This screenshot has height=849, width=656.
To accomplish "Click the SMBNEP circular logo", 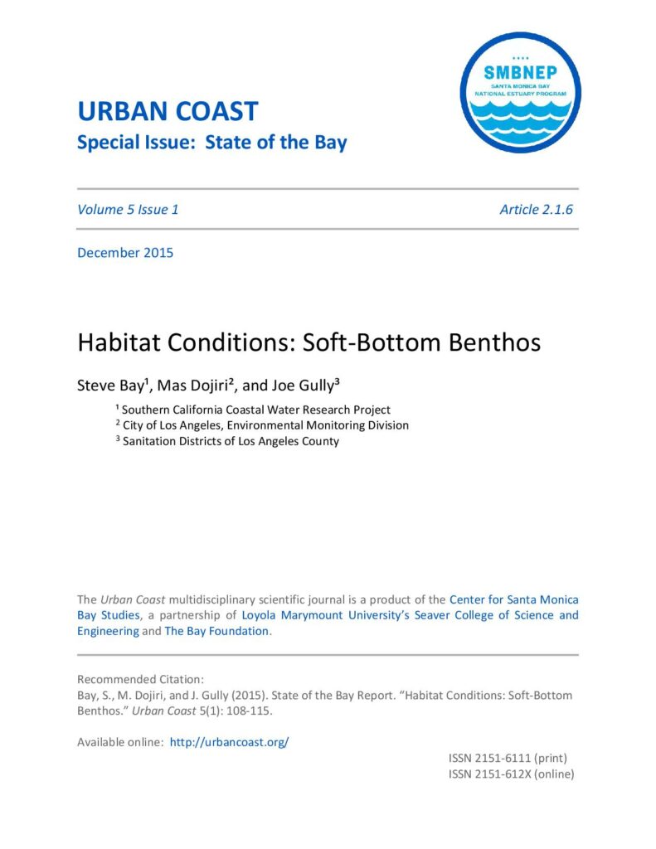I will (x=520, y=92).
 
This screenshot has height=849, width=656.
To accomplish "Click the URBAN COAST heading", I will (x=167, y=111).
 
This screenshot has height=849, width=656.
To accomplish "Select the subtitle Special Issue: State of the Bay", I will (x=211, y=142).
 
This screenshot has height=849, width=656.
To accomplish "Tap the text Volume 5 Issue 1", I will (x=128, y=209).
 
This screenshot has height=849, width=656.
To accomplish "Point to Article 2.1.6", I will (x=536, y=209).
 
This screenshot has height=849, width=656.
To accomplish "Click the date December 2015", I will (x=125, y=252).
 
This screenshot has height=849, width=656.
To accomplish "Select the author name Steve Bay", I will (x=111, y=385).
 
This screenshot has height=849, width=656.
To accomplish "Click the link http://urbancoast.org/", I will (x=229, y=742).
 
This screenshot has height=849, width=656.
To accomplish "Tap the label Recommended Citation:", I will (x=134, y=679).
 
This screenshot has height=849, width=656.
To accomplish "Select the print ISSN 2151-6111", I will (x=508, y=758).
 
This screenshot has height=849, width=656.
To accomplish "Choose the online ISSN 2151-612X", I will (x=511, y=774).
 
